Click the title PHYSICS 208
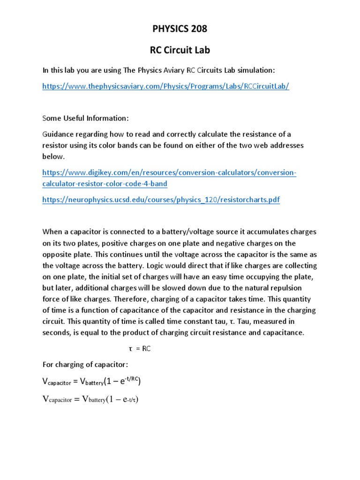click(x=180, y=29)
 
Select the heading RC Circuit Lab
click(x=180, y=49)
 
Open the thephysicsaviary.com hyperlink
click(x=165, y=87)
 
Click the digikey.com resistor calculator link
click(x=169, y=178)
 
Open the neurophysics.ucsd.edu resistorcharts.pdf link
click(x=161, y=200)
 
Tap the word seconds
click(x=57, y=333)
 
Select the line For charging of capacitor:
click(x=86, y=365)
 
